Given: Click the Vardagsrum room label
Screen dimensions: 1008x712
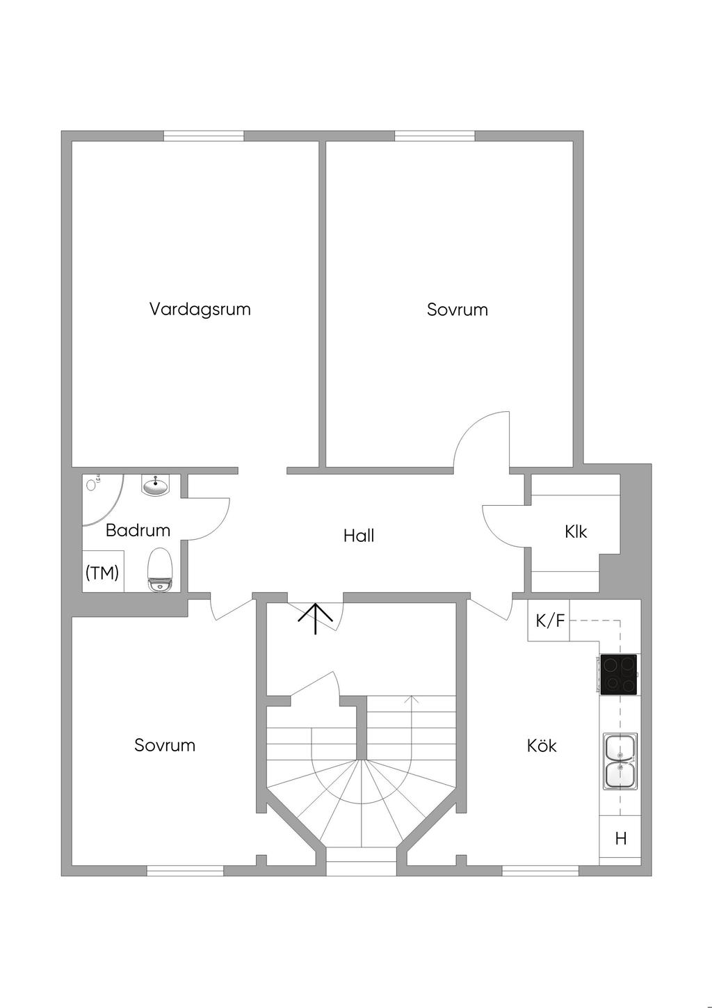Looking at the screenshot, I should pos(200,309).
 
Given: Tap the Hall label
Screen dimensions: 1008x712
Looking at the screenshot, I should pos(359,536).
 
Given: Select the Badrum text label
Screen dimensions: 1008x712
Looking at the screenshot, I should pos(138,530).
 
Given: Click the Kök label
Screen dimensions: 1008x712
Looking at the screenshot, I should pos(542,746).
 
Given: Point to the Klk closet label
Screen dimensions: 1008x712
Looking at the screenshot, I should pos(576,532).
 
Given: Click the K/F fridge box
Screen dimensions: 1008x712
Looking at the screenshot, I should pos(549,621).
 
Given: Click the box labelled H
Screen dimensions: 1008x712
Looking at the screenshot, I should pos(620,838).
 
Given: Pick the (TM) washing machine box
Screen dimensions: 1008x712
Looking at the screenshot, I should pos(103,572).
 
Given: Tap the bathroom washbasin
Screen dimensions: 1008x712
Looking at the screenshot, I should pos(155,485).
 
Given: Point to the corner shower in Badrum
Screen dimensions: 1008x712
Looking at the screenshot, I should pos(99,497).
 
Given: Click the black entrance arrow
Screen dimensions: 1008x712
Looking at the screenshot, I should pos(316,618).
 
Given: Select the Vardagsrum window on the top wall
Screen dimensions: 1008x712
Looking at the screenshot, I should pos(204,136).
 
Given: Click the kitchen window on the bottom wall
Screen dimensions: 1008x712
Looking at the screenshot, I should pos(540,870).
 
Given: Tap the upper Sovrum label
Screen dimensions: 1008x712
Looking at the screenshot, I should pos(458,310).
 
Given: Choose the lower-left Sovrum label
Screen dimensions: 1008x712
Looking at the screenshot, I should pos(165,746).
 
